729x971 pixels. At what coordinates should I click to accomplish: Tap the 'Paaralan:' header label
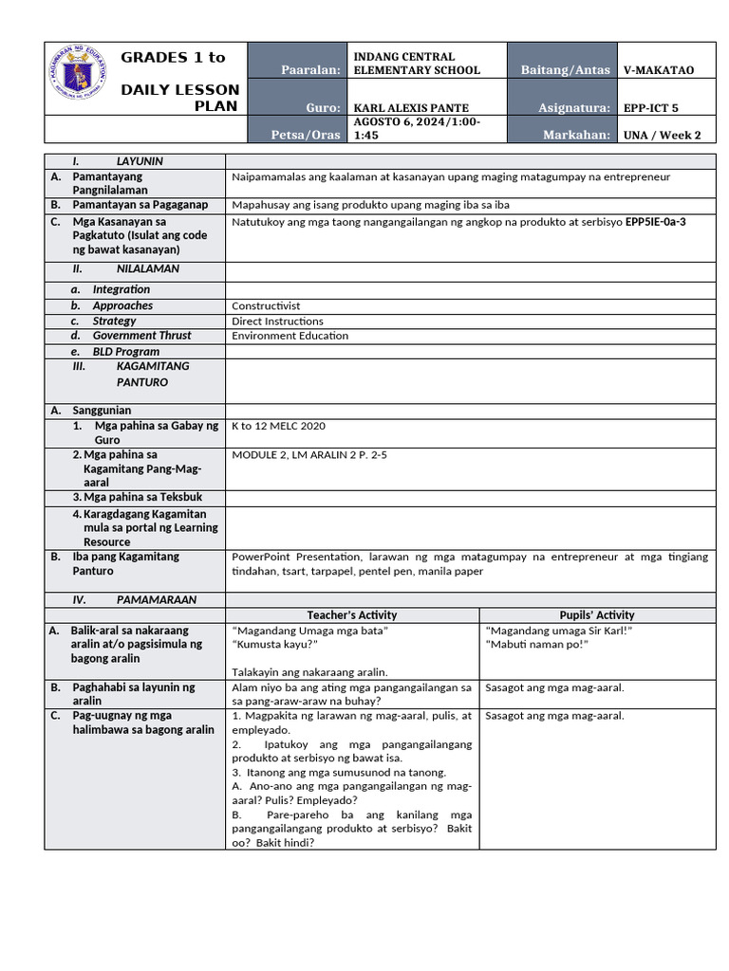[x=310, y=70]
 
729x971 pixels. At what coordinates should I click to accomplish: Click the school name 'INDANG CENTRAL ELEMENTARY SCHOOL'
[x=417, y=64]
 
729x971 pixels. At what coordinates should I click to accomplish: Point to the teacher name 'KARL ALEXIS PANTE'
[x=411, y=107]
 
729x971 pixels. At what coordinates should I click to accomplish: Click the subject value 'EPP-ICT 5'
[x=651, y=108]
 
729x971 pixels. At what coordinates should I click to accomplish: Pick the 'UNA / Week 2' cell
[x=662, y=135]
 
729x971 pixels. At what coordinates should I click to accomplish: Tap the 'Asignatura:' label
[x=574, y=108]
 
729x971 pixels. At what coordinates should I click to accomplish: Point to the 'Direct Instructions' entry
[x=277, y=321]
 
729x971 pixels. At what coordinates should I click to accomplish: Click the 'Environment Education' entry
[x=290, y=336]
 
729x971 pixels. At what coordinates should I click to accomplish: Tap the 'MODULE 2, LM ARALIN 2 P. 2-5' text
[x=309, y=455]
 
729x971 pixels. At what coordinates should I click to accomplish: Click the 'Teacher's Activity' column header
[x=352, y=615]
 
